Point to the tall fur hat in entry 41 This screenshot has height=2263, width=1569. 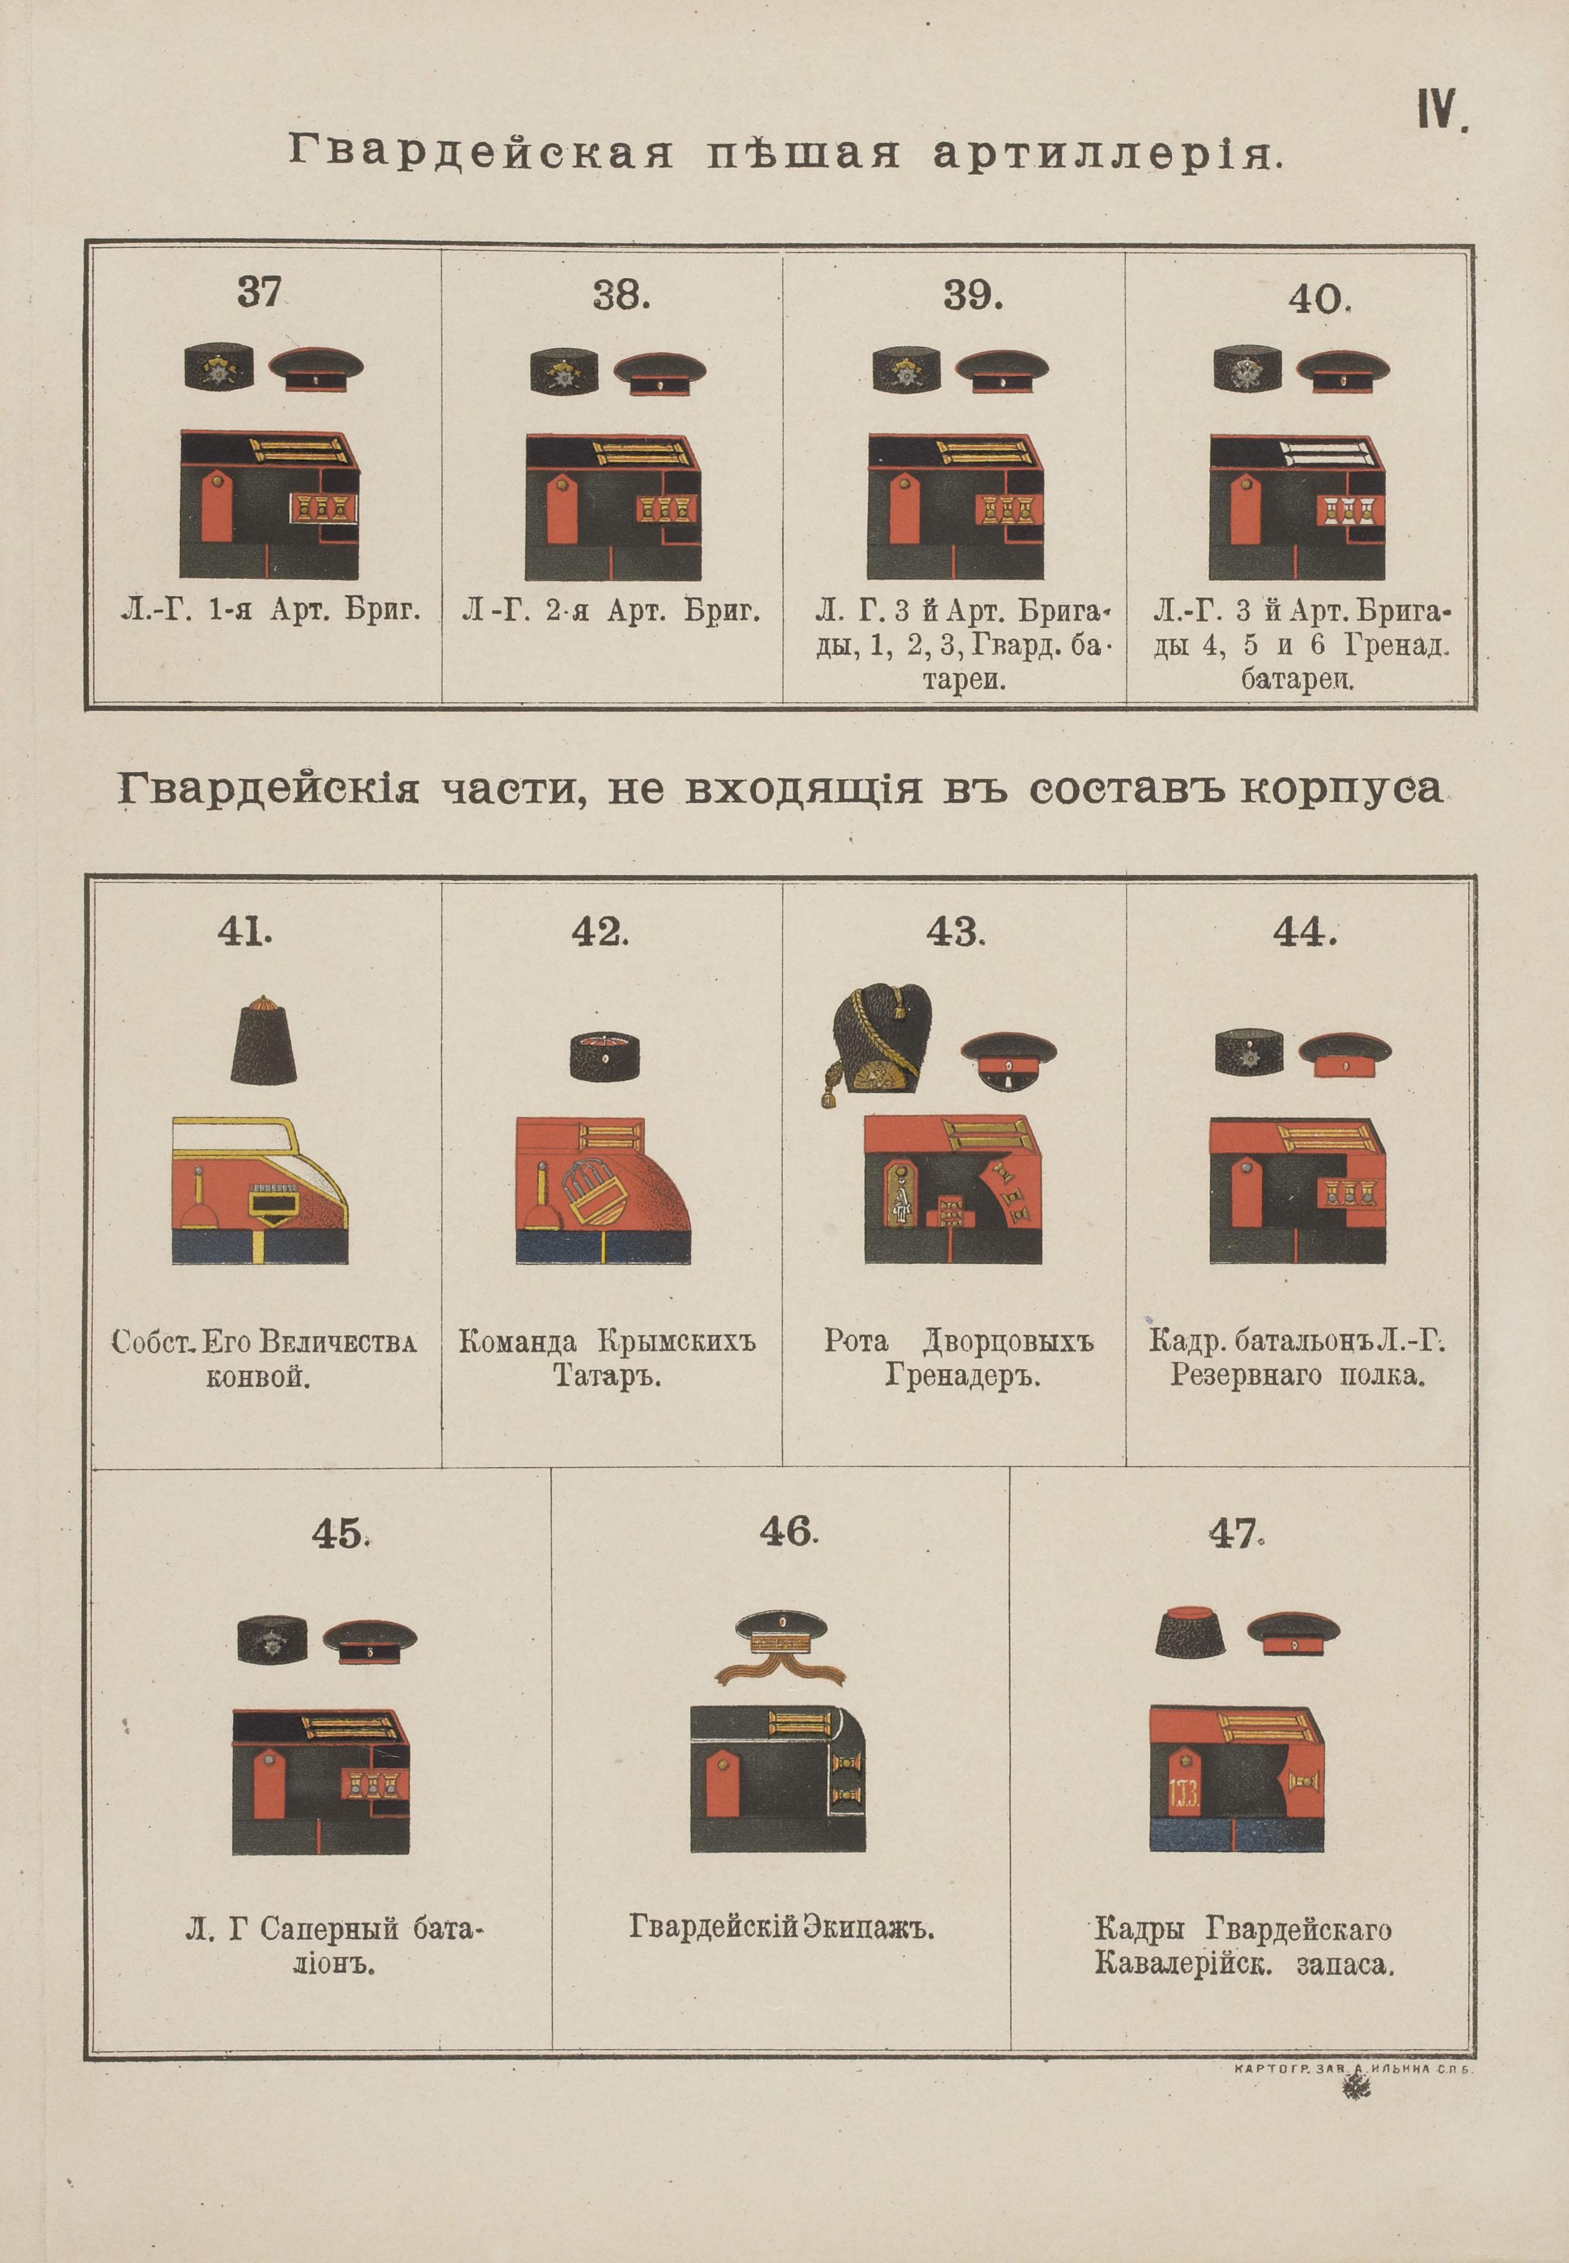coord(264,1040)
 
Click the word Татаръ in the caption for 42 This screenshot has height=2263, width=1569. coord(606,1376)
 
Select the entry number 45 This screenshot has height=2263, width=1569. coord(339,1534)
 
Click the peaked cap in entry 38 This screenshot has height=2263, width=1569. coord(660,373)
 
